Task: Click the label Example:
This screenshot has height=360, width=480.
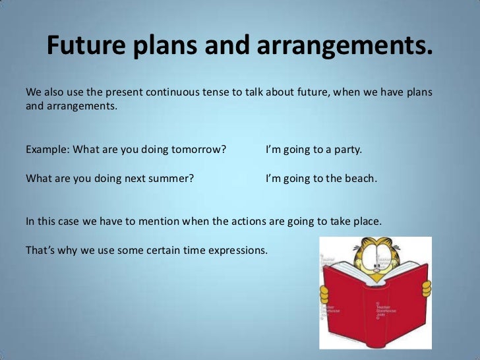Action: click(47, 149)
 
